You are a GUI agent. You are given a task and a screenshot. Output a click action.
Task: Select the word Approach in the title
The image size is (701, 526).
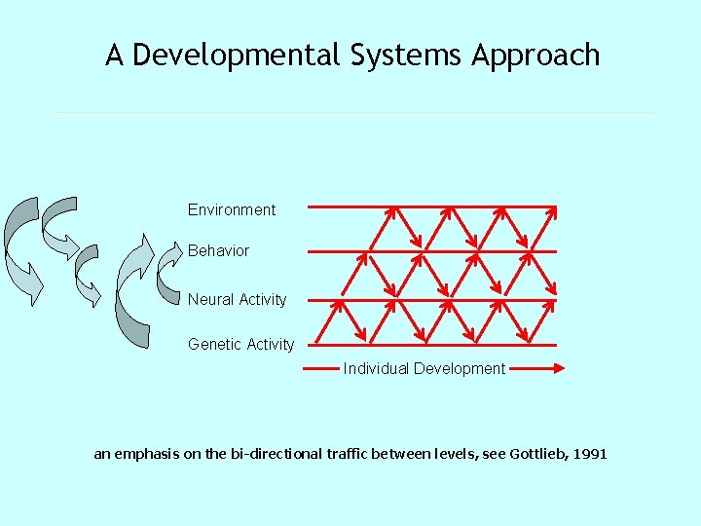coord(535,56)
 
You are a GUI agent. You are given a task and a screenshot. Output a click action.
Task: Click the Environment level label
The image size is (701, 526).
coord(232,209)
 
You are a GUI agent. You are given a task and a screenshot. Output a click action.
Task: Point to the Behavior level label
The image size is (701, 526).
coord(218,250)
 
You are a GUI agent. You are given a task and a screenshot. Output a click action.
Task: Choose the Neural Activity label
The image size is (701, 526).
coord(237,299)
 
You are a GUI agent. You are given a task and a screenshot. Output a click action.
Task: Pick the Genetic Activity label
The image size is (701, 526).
coord(240,344)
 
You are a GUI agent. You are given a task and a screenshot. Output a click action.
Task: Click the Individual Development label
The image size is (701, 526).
coord(424,368)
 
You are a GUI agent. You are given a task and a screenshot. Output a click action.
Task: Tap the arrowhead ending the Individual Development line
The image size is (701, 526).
coord(559,368)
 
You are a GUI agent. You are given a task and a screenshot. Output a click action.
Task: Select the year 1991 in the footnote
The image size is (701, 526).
coord(590,454)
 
